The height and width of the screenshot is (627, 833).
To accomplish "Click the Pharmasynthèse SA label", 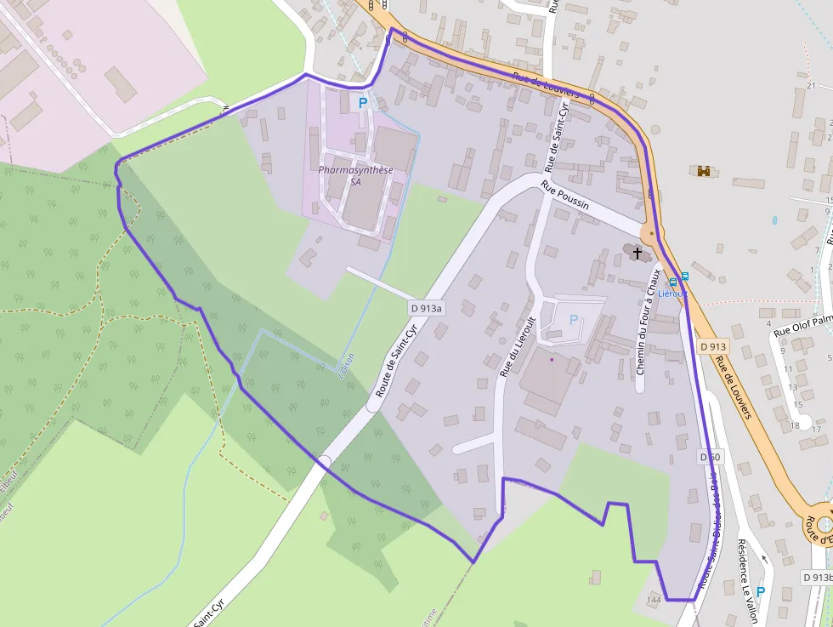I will (355, 175).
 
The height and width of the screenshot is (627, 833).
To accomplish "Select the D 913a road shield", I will (427, 308).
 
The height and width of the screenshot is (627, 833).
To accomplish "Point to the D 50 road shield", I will (711, 457).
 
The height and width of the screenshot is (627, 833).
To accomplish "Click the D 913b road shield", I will (817, 577).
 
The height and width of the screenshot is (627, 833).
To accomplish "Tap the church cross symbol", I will (637, 254).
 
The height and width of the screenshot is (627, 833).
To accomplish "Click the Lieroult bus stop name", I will (674, 293).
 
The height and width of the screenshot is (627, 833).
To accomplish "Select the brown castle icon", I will (704, 171).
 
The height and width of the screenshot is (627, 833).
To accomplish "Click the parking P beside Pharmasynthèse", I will (363, 103).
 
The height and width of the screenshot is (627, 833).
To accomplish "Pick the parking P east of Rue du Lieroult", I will (573, 320).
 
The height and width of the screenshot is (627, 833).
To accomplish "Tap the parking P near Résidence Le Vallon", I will (760, 591).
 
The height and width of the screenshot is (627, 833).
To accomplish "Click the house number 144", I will (653, 601).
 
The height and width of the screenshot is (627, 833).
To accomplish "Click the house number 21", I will (811, 86).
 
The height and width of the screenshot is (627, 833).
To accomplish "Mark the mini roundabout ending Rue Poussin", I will (652, 231).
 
